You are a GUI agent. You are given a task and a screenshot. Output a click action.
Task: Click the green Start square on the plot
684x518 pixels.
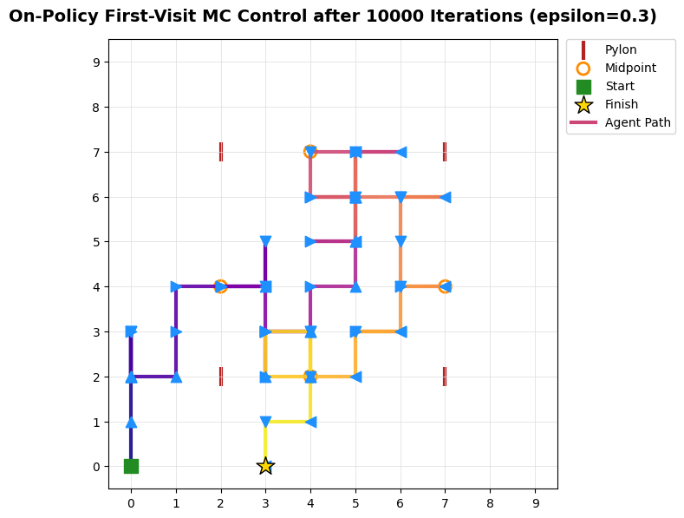click(131, 467)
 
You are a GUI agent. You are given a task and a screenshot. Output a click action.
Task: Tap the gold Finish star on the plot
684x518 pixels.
click(265, 466)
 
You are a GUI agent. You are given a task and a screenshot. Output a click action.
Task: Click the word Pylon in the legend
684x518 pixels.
click(621, 49)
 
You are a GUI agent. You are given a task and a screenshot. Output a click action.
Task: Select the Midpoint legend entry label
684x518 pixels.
click(630, 68)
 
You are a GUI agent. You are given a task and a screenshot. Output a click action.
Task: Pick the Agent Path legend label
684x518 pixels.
click(637, 122)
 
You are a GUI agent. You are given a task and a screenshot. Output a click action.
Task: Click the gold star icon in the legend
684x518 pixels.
click(583, 105)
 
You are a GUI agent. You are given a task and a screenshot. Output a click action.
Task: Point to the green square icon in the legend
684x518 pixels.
click(583, 87)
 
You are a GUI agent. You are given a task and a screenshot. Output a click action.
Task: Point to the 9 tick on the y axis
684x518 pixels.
click(96, 62)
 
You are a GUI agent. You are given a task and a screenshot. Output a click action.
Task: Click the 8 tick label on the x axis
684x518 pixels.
click(490, 503)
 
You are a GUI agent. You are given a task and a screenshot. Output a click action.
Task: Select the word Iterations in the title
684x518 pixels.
click(476, 16)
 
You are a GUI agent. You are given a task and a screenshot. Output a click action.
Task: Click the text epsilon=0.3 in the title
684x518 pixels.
click(593, 16)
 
